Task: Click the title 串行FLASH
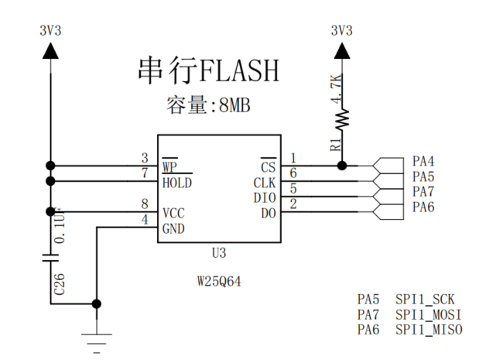(x=207, y=70)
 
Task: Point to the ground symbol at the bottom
(x=96, y=334)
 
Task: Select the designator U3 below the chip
(x=219, y=253)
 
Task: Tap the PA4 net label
(x=423, y=162)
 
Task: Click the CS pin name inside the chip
(x=268, y=166)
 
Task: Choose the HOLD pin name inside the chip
(x=176, y=183)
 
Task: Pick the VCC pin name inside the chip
(x=173, y=213)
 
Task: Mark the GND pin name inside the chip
(x=173, y=228)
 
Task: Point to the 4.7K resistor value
(x=336, y=91)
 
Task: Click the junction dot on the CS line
(x=341, y=165)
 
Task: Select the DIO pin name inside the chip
(x=264, y=197)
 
